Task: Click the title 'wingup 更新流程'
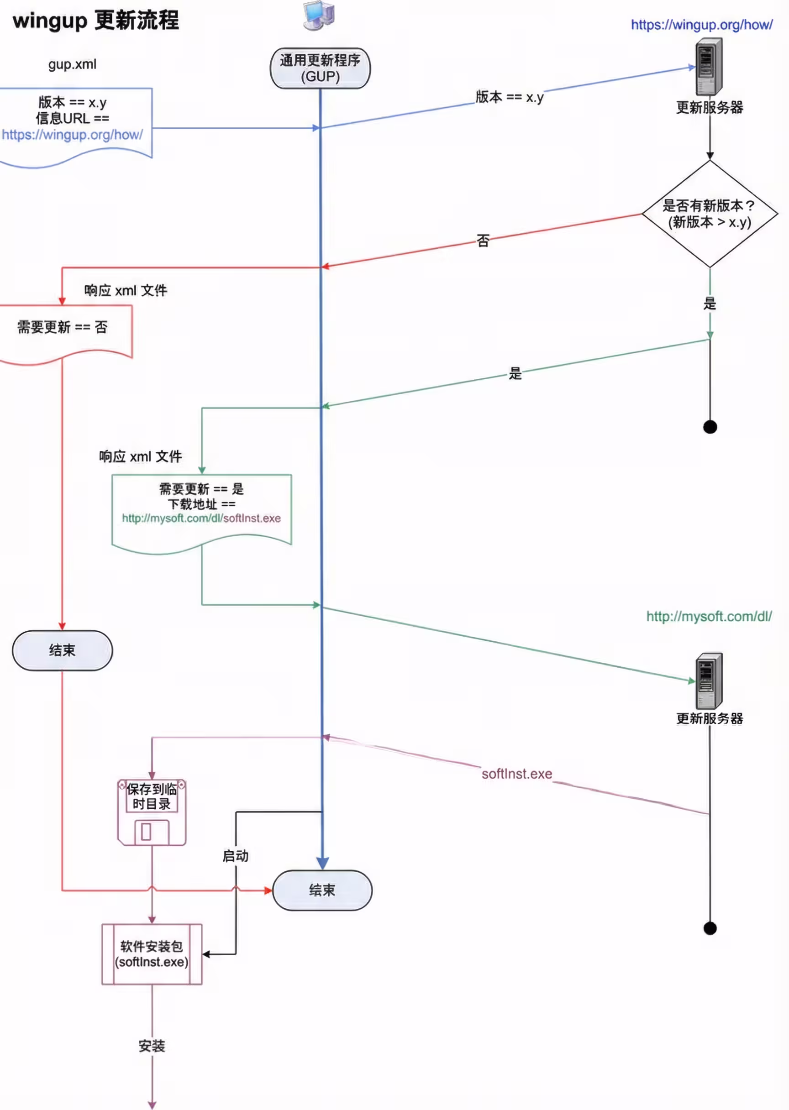(96, 21)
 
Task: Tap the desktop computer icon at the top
(319, 16)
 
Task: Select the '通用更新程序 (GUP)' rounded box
(320, 68)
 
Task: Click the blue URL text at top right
(701, 25)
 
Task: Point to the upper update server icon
(709, 67)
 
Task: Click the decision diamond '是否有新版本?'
(709, 214)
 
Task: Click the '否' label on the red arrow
(483, 241)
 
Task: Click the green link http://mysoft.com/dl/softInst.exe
(201, 518)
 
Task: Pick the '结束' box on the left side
(62, 650)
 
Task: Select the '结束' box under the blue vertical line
(322, 890)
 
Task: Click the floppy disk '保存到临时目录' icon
(152, 812)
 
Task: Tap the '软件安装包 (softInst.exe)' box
(152, 953)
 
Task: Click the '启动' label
(235, 856)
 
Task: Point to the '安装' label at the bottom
(152, 1046)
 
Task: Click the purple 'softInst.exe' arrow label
(516, 774)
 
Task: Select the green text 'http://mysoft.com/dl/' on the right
(708, 616)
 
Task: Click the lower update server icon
(709, 681)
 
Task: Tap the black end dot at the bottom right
(710, 928)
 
